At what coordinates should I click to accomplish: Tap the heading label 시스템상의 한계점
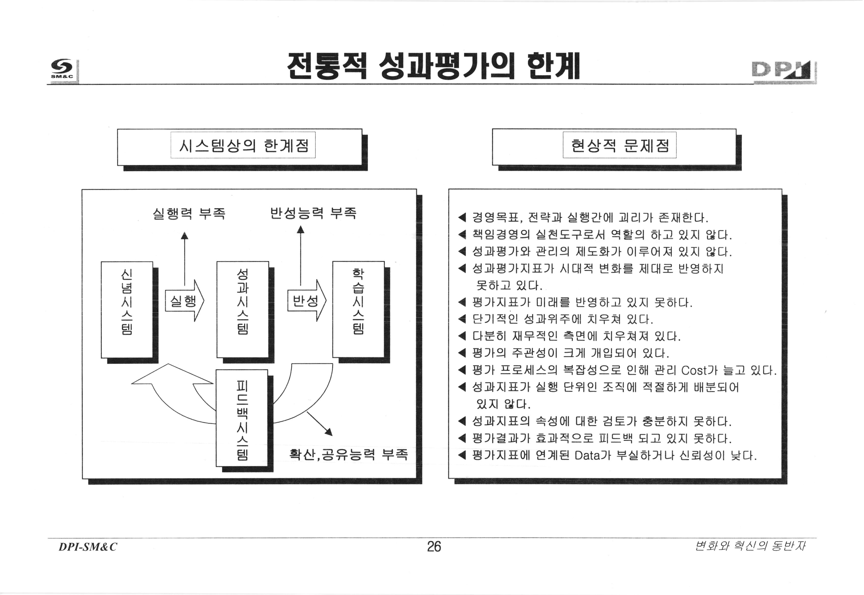click(x=243, y=145)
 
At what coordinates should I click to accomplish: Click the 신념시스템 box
click(x=127, y=309)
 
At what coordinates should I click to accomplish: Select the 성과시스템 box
click(x=243, y=309)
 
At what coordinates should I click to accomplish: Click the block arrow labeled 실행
click(x=184, y=301)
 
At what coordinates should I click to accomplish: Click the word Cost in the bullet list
click(x=693, y=371)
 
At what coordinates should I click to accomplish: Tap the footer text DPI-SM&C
click(x=88, y=547)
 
